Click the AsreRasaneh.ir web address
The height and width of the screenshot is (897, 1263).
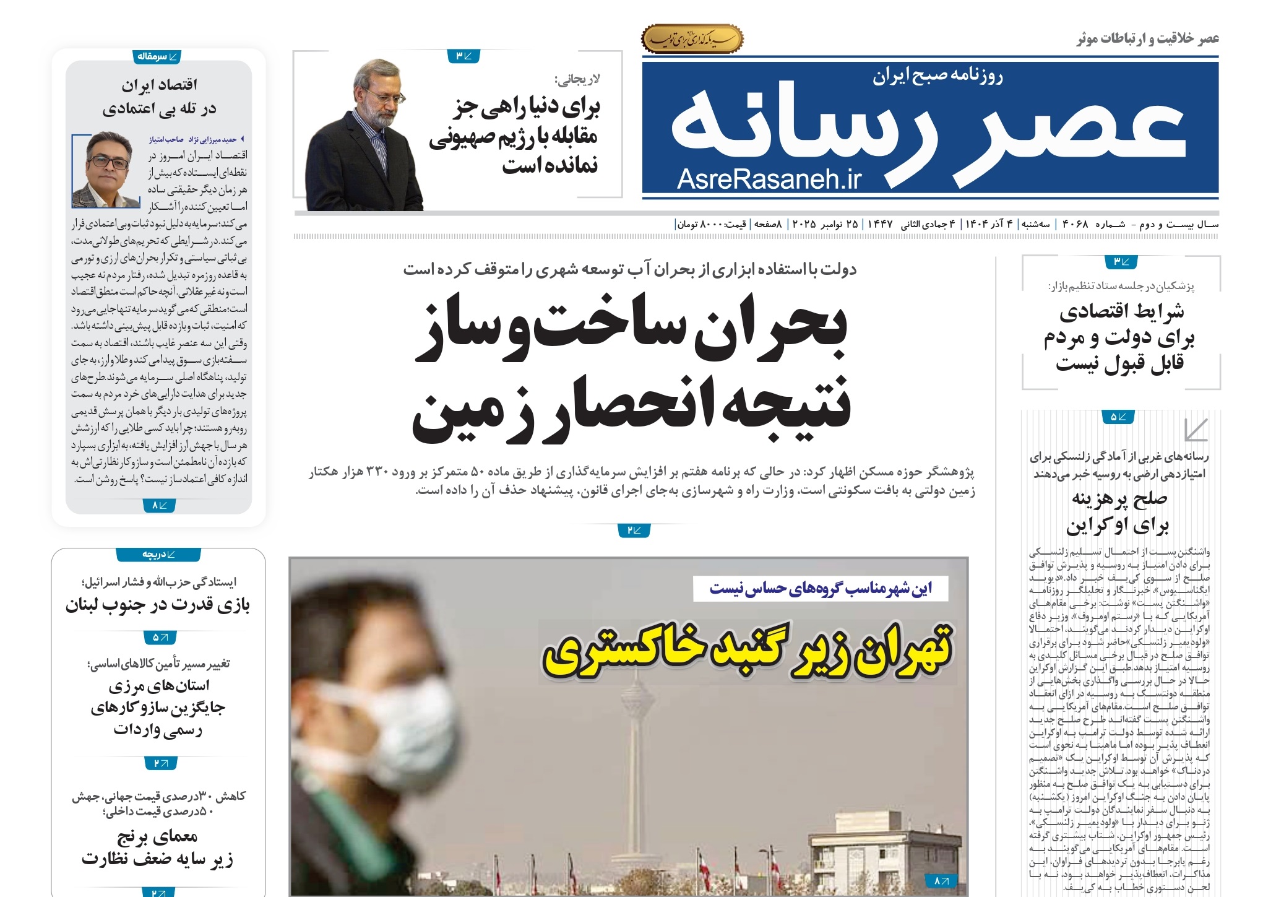pos(769,179)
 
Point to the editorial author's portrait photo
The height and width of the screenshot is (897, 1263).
pos(106,170)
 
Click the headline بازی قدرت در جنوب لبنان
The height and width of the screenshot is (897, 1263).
pos(158,605)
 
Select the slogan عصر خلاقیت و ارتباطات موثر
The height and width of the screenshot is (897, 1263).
pos(1147,39)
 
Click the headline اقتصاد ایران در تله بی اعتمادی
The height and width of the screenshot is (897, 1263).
pos(159,97)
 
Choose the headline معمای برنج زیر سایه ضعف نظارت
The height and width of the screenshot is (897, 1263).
pos(158,848)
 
